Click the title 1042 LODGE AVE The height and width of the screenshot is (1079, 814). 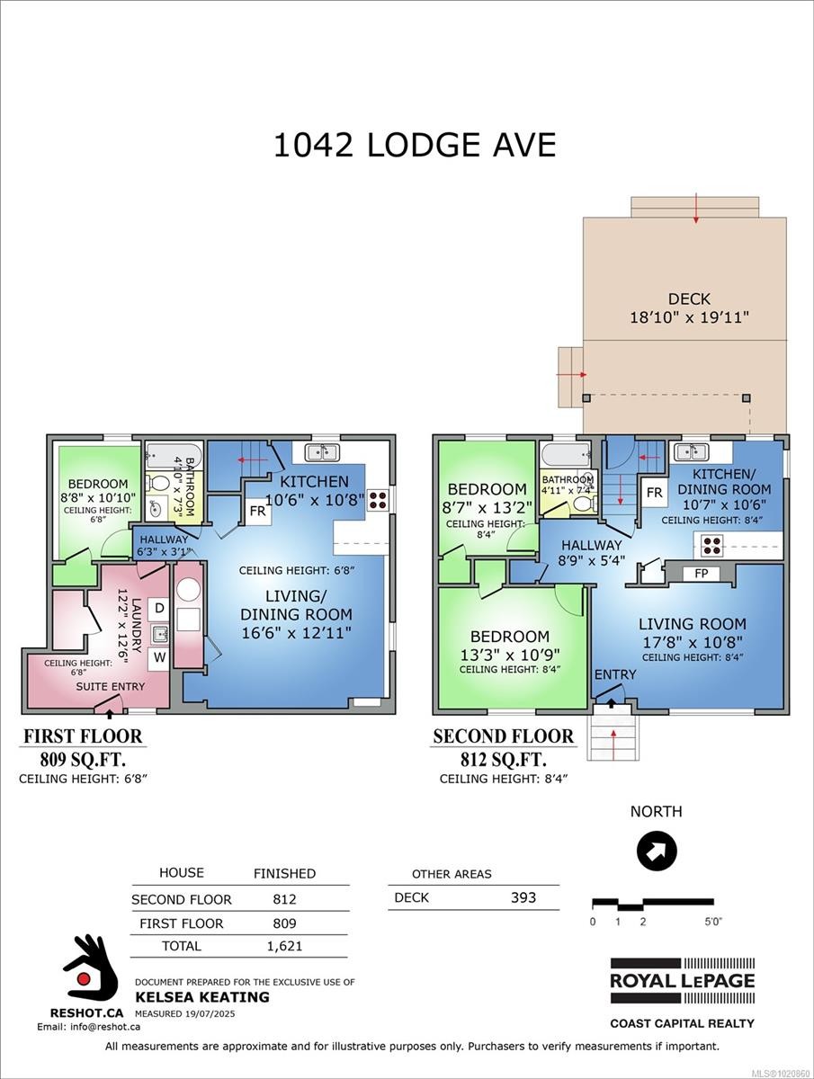415,144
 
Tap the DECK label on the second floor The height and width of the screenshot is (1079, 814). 689,299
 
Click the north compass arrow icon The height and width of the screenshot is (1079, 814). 657,851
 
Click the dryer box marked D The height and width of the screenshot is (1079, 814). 158,609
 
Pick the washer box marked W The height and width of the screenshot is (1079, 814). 158,657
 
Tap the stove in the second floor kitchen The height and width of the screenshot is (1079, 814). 711,544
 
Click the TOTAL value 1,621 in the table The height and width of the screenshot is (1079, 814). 284,945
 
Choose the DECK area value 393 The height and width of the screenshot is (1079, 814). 523,896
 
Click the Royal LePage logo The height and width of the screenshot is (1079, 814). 682,981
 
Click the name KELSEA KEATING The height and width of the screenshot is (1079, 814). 201,996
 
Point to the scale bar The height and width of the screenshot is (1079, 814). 652,903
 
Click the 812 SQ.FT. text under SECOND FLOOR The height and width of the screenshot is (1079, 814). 503,759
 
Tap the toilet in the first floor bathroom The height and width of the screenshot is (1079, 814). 159,485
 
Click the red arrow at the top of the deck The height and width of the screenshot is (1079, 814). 696,211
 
